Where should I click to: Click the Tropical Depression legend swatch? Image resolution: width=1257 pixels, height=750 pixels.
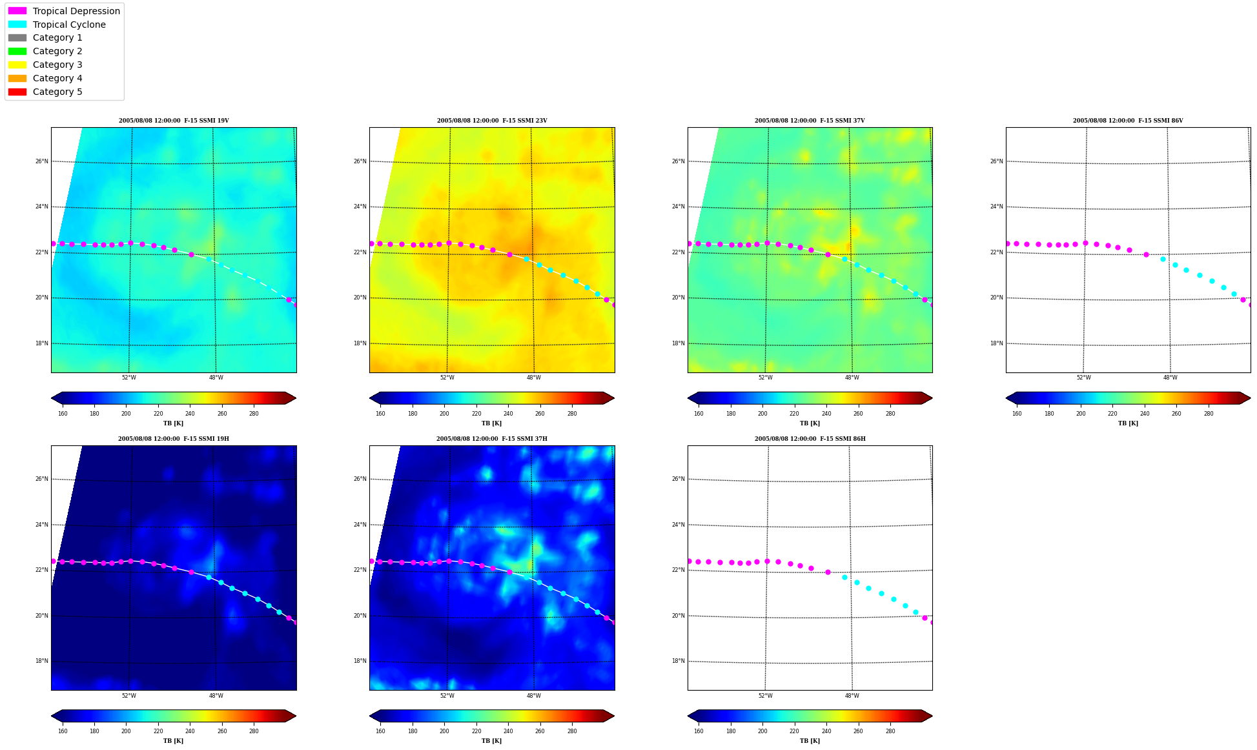click(x=17, y=11)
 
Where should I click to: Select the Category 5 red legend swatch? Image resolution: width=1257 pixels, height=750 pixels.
click(x=17, y=92)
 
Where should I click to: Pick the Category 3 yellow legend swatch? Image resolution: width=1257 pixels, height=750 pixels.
click(x=17, y=65)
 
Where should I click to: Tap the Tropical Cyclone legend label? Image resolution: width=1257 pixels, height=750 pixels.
click(x=69, y=25)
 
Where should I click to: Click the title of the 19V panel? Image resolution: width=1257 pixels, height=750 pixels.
click(x=174, y=121)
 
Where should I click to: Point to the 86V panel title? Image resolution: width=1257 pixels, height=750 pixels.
click(x=1128, y=121)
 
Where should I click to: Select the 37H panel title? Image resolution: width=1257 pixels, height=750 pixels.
click(x=492, y=439)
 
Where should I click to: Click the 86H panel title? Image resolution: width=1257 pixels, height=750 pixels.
click(x=810, y=439)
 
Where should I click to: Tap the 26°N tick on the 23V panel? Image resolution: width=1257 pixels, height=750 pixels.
click(x=360, y=161)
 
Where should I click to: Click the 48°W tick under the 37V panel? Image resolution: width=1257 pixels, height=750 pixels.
click(x=852, y=378)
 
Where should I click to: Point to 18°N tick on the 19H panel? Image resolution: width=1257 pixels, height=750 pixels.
click(x=41, y=661)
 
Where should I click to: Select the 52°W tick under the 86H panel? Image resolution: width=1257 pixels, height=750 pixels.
click(x=765, y=696)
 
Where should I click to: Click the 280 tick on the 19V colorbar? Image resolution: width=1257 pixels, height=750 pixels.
click(x=254, y=414)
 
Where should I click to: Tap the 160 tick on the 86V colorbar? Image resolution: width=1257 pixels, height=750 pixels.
click(x=1017, y=414)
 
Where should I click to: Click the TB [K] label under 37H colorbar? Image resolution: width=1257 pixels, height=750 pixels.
click(x=491, y=741)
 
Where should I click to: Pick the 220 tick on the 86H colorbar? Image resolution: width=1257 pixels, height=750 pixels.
click(x=794, y=731)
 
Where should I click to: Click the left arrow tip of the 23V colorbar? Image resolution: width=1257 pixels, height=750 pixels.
click(x=370, y=398)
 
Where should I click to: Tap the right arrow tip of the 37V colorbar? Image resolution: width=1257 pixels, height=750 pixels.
click(x=932, y=398)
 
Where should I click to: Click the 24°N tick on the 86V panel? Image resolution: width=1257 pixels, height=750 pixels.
click(x=996, y=207)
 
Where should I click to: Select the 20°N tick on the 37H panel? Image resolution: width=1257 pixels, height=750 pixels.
click(x=360, y=616)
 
